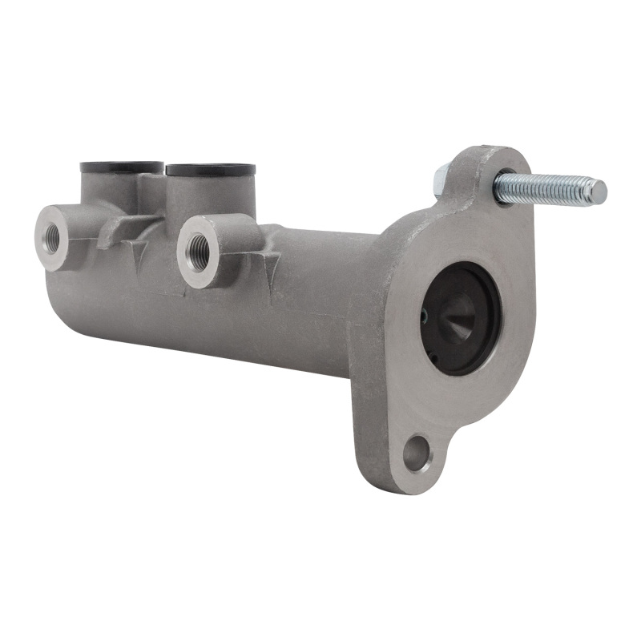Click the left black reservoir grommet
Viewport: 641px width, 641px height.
click(x=121, y=167)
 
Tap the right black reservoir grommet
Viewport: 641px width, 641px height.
click(x=210, y=170)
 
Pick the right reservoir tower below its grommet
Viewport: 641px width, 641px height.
click(x=212, y=196)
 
